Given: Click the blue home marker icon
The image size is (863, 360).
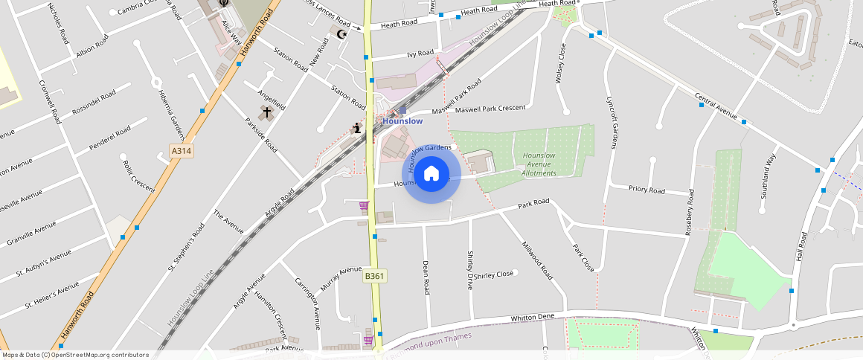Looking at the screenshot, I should pyautogui.click(x=431, y=174).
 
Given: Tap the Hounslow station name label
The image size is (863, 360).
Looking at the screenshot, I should pyautogui.click(x=402, y=120).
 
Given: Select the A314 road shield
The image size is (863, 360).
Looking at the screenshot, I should pyautogui.click(x=181, y=151).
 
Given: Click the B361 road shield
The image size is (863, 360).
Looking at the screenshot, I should pyautogui.click(x=374, y=276).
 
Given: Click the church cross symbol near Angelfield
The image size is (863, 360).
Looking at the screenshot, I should pyautogui.click(x=266, y=112).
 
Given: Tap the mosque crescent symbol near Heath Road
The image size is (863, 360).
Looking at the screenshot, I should pyautogui.click(x=342, y=33).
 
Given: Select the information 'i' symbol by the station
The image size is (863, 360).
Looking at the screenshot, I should pyautogui.click(x=357, y=129).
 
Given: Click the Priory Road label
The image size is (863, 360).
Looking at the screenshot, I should pyautogui.click(x=647, y=190).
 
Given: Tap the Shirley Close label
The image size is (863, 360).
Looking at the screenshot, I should pyautogui.click(x=494, y=274).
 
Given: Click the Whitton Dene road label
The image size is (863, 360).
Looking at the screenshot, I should pyautogui.click(x=533, y=318).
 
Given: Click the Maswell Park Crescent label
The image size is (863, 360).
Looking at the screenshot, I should pyautogui.click(x=490, y=109).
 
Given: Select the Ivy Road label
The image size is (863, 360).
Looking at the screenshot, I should pyautogui.click(x=420, y=54).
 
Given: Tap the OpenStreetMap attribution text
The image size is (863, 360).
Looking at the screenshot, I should pyautogui.click(x=74, y=355).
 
